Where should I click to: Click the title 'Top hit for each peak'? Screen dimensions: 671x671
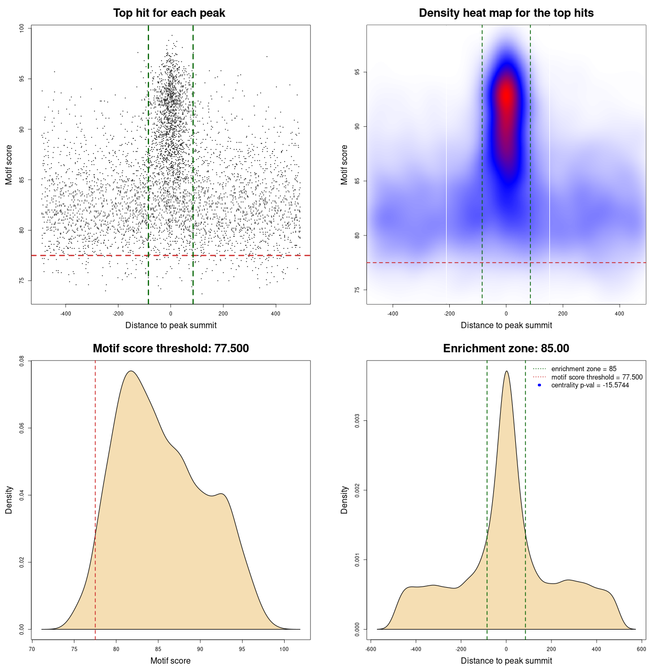pos(169,13)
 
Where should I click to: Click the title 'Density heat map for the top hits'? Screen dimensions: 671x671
pos(506,13)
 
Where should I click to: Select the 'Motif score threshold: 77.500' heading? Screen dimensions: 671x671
pos(170,349)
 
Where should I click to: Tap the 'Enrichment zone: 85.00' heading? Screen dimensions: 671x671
pos(506,349)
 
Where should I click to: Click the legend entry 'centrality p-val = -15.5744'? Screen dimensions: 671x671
pos(590,385)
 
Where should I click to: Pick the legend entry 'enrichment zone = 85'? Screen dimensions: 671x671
pos(583,369)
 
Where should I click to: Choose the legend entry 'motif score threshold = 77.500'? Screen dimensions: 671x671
pos(597,377)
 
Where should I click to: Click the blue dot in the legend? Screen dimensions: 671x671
pos(539,385)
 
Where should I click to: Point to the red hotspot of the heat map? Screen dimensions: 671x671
pos(506,97)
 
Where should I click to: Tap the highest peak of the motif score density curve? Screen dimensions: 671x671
pos(131,371)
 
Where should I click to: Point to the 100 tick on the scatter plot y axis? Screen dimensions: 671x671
pos(22,28)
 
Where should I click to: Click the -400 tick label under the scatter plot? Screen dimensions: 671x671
pos(66,313)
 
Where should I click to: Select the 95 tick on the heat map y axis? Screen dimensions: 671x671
pos(358,72)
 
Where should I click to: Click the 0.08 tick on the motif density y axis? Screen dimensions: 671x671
pos(22,361)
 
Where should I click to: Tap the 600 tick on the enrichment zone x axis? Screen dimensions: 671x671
pos(641,649)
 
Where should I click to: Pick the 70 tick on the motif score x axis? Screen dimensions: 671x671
pos(33,649)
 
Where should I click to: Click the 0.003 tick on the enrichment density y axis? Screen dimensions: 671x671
pos(358,421)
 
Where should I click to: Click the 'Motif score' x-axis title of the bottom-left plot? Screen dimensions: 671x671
pos(170,661)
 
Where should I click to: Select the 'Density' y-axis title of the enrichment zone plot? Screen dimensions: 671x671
pos(344,500)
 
